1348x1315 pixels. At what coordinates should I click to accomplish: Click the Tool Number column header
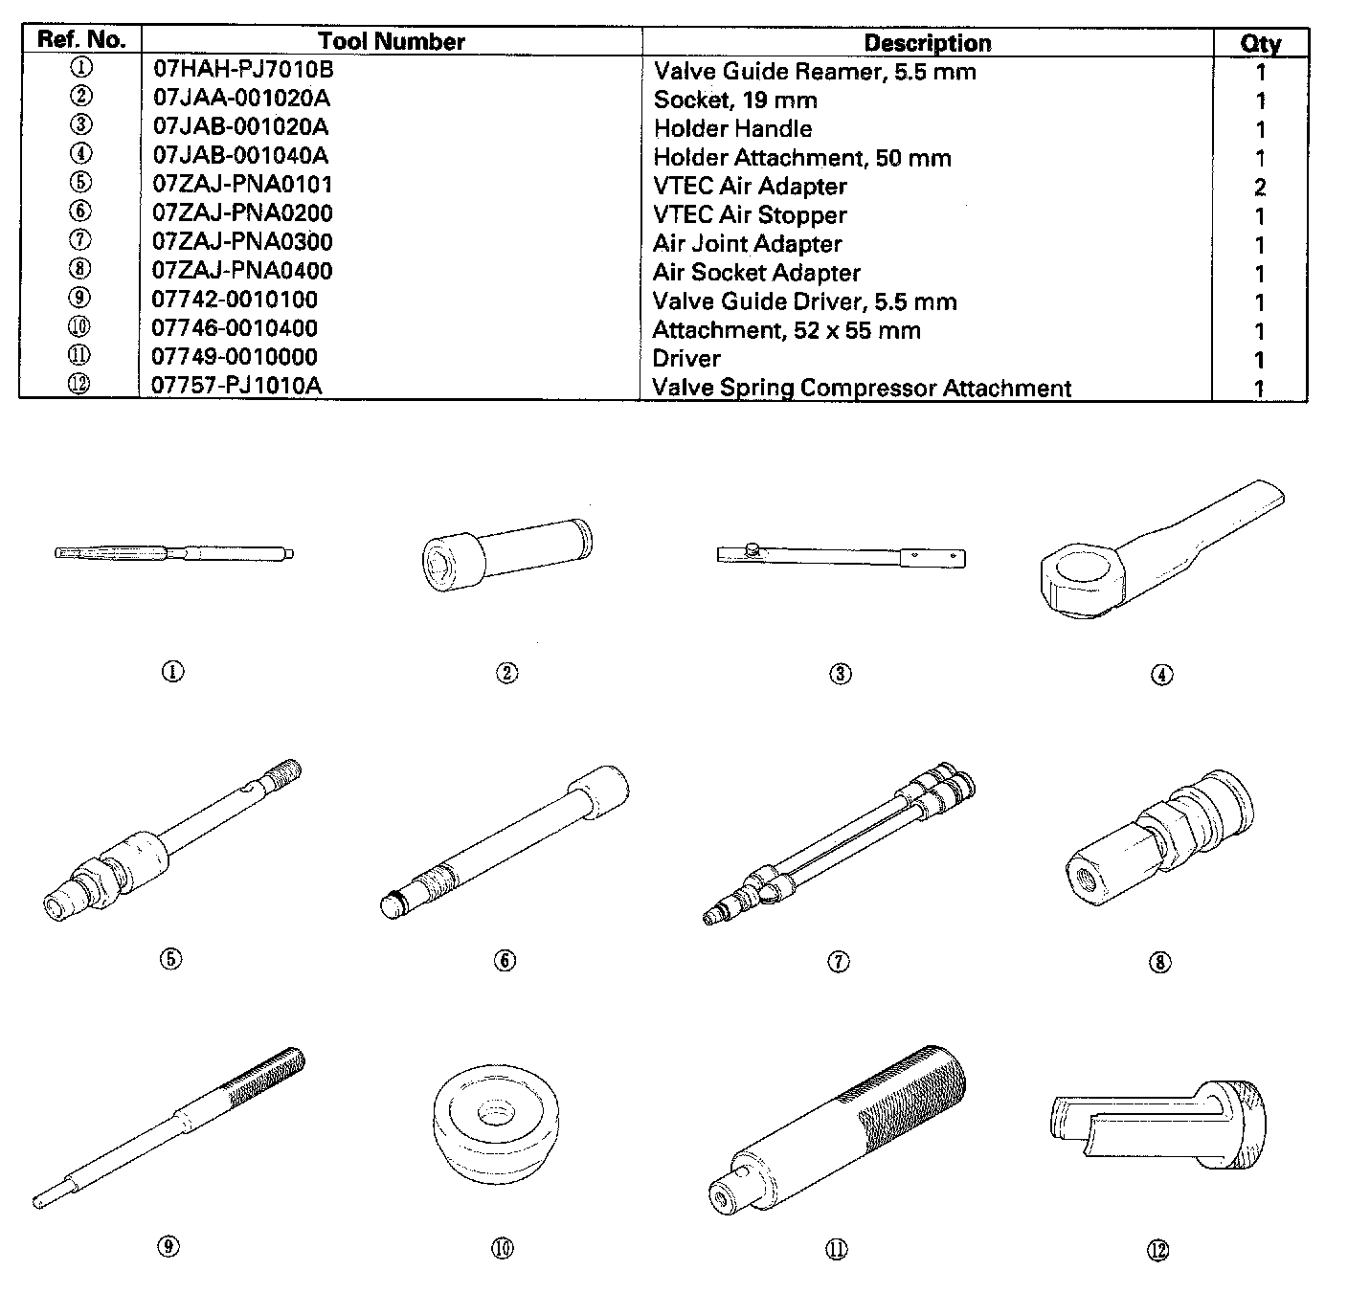click(391, 41)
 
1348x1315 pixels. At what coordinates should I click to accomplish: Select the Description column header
click(927, 43)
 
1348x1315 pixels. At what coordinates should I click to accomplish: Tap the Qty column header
click(1260, 43)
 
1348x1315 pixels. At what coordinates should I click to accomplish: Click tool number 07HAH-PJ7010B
click(243, 70)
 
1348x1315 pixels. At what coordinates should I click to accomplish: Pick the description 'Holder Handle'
click(732, 128)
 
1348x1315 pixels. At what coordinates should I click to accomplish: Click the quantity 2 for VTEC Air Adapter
click(1260, 187)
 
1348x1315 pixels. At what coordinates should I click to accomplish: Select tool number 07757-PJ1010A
click(236, 386)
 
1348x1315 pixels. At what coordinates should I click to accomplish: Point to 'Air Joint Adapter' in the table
click(747, 243)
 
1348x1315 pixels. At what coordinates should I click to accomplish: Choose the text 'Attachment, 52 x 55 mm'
click(786, 330)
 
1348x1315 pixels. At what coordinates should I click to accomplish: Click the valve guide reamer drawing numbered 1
click(173, 552)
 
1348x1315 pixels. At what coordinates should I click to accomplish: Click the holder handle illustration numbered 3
click(841, 555)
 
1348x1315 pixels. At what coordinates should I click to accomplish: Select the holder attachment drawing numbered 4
click(1154, 555)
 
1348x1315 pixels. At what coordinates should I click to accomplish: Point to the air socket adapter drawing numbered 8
click(1159, 837)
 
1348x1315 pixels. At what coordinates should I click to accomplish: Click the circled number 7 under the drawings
click(838, 961)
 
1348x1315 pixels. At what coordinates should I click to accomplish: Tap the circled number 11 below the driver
click(836, 1249)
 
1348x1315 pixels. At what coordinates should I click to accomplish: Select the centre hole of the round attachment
click(495, 1113)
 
